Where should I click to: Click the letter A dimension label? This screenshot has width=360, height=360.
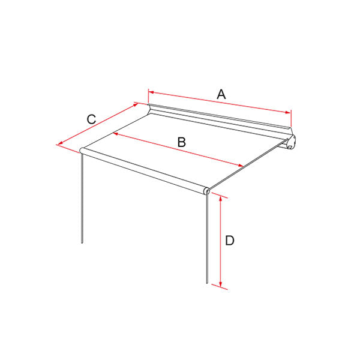pyautogui.click(x=221, y=94)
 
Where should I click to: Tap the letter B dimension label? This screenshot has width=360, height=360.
pyautogui.click(x=182, y=142)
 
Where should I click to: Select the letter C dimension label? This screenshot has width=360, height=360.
pyautogui.click(x=91, y=119)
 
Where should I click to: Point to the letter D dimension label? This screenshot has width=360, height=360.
pyautogui.click(x=230, y=241)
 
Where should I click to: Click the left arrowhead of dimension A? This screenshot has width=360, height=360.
pyautogui.click(x=151, y=92)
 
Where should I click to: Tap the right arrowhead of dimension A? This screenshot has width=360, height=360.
pyautogui.click(x=287, y=112)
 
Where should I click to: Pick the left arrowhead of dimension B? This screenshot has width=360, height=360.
pyautogui.click(x=115, y=134)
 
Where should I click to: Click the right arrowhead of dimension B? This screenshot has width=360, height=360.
pyautogui.click(x=241, y=166)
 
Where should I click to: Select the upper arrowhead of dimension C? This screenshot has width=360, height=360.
pyautogui.click(x=135, y=105)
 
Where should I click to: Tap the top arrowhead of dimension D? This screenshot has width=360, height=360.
pyautogui.click(x=221, y=199)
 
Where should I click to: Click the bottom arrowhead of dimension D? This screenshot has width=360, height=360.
pyautogui.click(x=221, y=284)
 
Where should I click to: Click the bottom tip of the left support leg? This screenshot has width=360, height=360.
pyautogui.click(x=82, y=242)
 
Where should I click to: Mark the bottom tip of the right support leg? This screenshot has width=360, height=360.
pyautogui.click(x=207, y=283)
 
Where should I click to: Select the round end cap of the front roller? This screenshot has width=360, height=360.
pyautogui.click(x=206, y=191)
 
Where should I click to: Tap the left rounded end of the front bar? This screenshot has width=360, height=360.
pyautogui.click(x=82, y=151)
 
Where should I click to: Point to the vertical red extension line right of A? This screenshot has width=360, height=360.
pyautogui.click(x=291, y=118)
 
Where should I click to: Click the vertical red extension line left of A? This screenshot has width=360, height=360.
pyautogui.click(x=148, y=97)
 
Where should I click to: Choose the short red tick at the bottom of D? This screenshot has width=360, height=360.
pyautogui.click(x=220, y=287)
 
